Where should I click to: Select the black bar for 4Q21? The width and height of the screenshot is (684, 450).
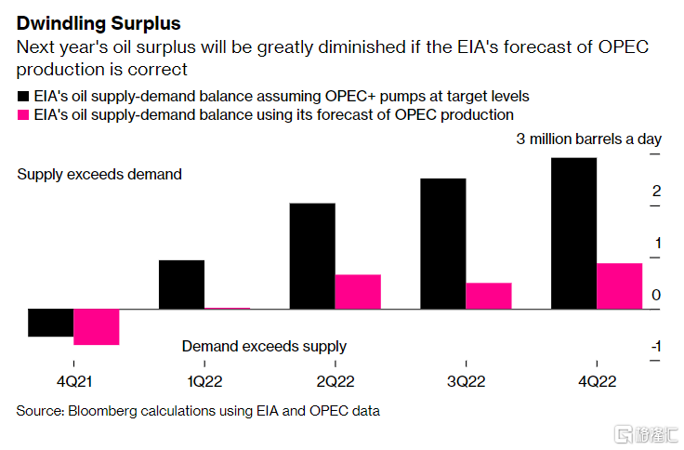coord(51,323)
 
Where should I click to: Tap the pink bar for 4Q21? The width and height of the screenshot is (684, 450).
coord(97,326)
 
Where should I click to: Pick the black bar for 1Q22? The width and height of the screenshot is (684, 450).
coord(181,285)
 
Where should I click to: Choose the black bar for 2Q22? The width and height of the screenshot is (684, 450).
coord(311,256)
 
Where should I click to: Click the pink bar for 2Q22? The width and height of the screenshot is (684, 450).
coord(358,292)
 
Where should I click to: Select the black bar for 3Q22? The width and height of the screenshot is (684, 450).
coord(442,244)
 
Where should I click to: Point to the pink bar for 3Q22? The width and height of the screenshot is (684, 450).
coord(489,296)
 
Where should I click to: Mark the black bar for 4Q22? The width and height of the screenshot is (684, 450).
coord(573,233)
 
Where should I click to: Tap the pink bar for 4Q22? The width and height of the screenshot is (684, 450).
coord(619,286)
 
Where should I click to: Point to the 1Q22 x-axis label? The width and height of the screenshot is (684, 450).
coord(204,380)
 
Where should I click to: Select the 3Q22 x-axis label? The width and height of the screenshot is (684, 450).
coord(465,380)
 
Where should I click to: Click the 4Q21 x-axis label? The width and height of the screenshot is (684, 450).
coord(73,380)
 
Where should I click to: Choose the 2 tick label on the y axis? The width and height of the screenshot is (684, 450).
coord(656,192)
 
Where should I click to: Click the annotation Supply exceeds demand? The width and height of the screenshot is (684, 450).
coord(99,174)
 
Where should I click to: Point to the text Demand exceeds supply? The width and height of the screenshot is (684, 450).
coord(264,346)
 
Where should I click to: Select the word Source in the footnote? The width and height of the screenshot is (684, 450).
coord(39,410)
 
